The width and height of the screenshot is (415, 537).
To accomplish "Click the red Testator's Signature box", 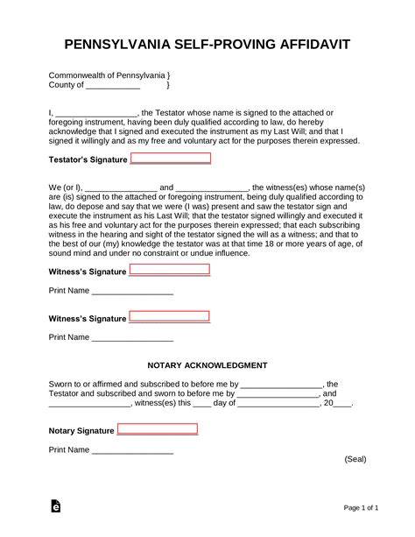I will click(x=171, y=159).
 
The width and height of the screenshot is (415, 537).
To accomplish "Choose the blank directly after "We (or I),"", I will click(x=121, y=187).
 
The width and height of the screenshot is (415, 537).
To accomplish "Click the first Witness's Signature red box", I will click(x=170, y=270).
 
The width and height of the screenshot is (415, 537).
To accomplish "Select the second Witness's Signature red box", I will click(x=170, y=316).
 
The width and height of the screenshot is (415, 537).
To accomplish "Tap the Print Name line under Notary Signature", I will click(x=132, y=450).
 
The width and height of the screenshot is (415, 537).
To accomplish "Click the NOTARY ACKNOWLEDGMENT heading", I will click(x=207, y=364).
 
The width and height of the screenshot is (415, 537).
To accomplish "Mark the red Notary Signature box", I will click(x=158, y=429).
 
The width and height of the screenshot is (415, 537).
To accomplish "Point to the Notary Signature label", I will click(x=81, y=431).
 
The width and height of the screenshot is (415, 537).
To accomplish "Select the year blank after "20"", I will click(x=343, y=404).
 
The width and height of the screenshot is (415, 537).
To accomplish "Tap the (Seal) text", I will click(x=355, y=459).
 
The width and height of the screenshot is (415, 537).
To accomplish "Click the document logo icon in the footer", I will click(x=55, y=506).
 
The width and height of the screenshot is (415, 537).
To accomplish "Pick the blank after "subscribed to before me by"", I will click(x=281, y=384).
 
